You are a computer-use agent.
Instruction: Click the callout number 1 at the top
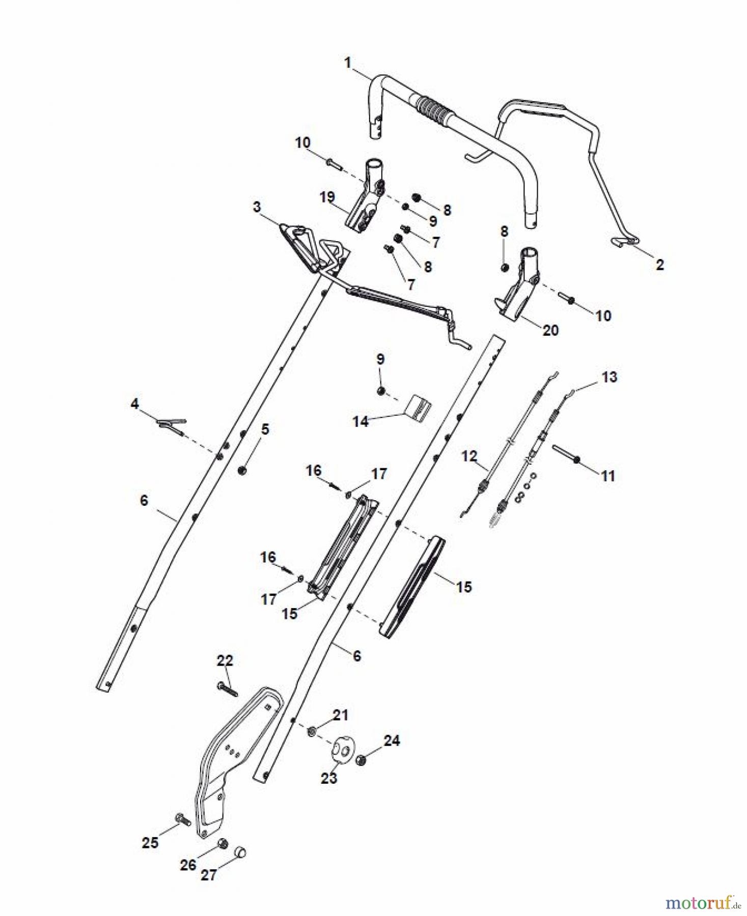pos(348,63)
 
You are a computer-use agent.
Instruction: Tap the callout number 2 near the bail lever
pos(659,265)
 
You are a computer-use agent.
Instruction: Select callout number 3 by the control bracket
pos(257,207)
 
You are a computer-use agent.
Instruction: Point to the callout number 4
pos(134,404)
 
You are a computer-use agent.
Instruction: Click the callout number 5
pos(265,429)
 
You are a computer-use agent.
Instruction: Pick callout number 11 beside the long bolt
pos(608,476)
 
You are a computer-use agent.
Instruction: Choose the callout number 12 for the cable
pos(469,456)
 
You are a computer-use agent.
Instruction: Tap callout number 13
pos(609,377)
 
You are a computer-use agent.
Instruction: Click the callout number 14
pos(361,421)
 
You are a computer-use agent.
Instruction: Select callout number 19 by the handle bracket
pos(327,197)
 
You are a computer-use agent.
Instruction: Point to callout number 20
pos(550,330)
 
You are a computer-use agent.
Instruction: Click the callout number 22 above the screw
pos(225,661)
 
